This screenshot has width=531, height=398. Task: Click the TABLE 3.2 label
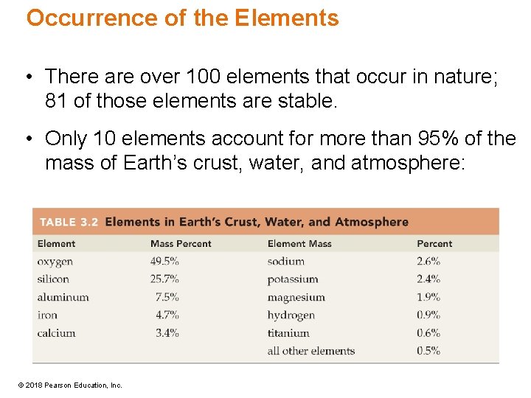(x=69, y=222)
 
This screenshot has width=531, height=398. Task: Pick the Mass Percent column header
(x=180, y=244)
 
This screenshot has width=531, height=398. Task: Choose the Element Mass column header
(x=299, y=244)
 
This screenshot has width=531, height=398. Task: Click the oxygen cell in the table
(x=55, y=262)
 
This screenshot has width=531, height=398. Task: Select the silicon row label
(x=53, y=279)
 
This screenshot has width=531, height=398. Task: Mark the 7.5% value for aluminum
(x=167, y=297)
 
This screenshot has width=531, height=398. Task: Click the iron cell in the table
(x=46, y=315)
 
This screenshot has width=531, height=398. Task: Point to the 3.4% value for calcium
(x=167, y=333)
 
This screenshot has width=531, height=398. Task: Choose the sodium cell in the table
(x=285, y=261)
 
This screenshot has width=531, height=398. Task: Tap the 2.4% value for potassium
(x=428, y=279)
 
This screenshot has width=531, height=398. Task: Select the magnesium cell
(x=296, y=297)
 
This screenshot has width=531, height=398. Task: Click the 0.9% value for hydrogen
(x=428, y=315)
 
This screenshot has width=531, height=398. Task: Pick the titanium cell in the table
(x=288, y=333)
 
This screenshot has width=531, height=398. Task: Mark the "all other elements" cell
(x=310, y=351)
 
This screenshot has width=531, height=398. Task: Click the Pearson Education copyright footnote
(x=71, y=385)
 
